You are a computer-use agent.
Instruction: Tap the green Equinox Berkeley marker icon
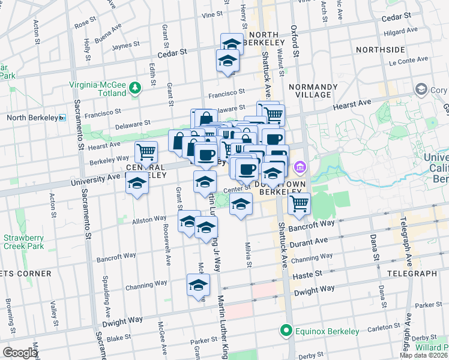click(286, 331)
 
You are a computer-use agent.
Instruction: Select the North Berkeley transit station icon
click(62, 118)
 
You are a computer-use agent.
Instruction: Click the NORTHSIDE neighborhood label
click(380, 49)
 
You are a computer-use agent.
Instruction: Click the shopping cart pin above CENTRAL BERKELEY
click(146, 153)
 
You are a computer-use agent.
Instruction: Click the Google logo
click(20, 353)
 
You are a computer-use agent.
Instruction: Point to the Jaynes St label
click(125, 44)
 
